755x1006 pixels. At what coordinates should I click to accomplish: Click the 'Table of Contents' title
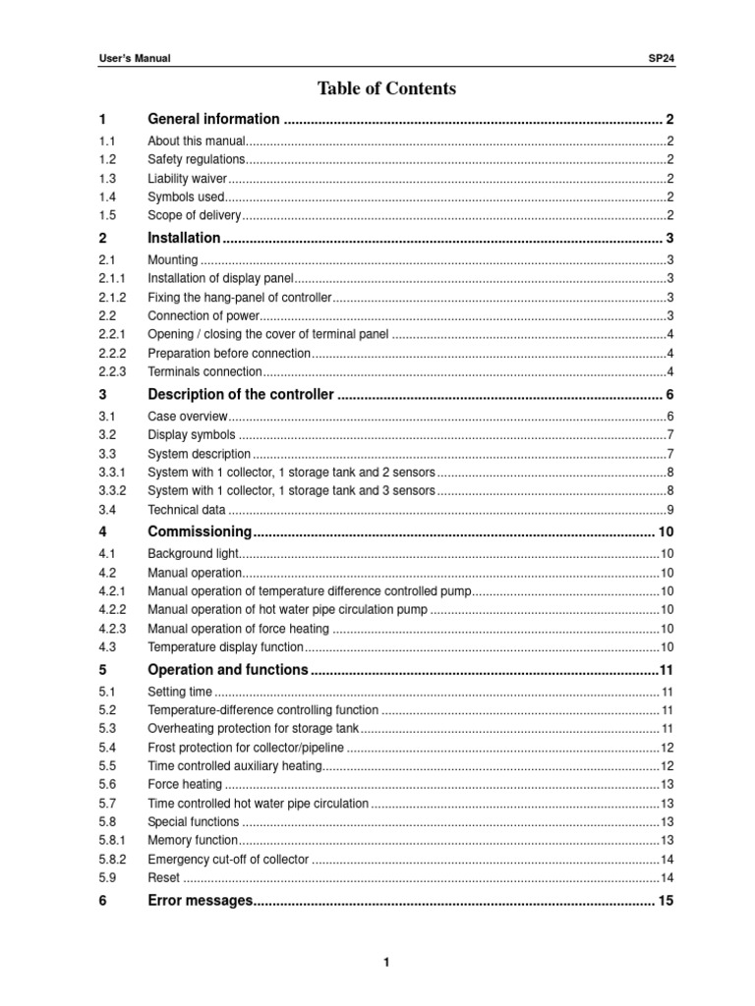pos(386,89)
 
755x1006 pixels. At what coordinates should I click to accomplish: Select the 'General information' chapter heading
pos(213,120)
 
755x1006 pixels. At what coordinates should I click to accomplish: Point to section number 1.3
pos(107,179)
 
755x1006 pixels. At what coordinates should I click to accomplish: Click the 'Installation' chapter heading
pos(184,239)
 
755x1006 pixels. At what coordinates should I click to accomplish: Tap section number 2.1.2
pos(113,297)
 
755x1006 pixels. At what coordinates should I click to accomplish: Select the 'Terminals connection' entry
pos(204,372)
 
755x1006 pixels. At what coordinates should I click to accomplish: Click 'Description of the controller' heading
pos(241,395)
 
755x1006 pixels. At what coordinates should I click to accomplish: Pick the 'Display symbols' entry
pos(192,435)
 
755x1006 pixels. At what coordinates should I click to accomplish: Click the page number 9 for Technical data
pos(669,510)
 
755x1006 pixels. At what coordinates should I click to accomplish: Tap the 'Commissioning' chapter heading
pos(200,532)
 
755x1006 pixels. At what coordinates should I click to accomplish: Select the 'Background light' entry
pos(193,554)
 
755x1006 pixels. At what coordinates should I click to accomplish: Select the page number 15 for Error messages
pos(666,901)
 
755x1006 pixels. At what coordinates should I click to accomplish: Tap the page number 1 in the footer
pos(386,963)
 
